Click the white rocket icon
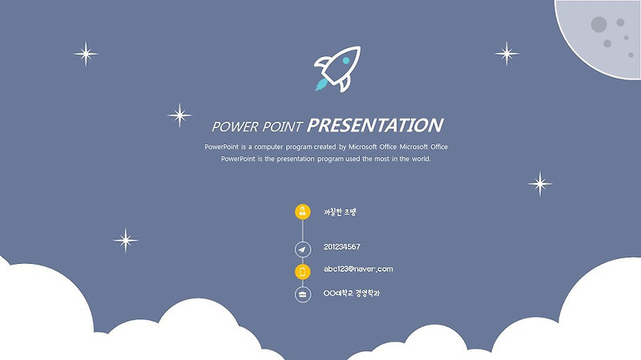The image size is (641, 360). pyautogui.click(x=338, y=68)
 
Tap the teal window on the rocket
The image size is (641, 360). pyautogui.click(x=346, y=61)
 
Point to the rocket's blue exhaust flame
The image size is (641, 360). pyautogui.click(x=321, y=85)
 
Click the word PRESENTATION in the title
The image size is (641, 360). pyautogui.click(x=375, y=125)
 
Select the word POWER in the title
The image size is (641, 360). pyautogui.click(x=235, y=127)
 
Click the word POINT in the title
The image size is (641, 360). pyautogui.click(x=282, y=127)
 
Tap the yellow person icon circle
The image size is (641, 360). pyautogui.click(x=303, y=212)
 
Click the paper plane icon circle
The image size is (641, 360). pyautogui.click(x=303, y=249)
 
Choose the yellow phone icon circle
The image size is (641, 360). pyautogui.click(x=303, y=272)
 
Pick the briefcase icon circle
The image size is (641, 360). pyautogui.click(x=303, y=294)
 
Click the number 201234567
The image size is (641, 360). pyautogui.click(x=342, y=247)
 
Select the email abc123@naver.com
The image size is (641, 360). pyautogui.click(x=358, y=269)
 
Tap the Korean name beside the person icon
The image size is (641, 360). pyautogui.click(x=340, y=212)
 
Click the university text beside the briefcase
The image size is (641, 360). pyautogui.click(x=352, y=293)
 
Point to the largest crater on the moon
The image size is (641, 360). pyautogui.click(x=599, y=25)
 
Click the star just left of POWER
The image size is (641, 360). pyautogui.click(x=179, y=115)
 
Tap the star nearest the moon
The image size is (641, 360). pyautogui.click(x=506, y=54)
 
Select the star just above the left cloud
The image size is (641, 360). pyautogui.click(x=126, y=241)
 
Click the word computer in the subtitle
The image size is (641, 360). pyautogui.click(x=268, y=147)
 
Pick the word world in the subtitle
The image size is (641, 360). pyautogui.click(x=421, y=159)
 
